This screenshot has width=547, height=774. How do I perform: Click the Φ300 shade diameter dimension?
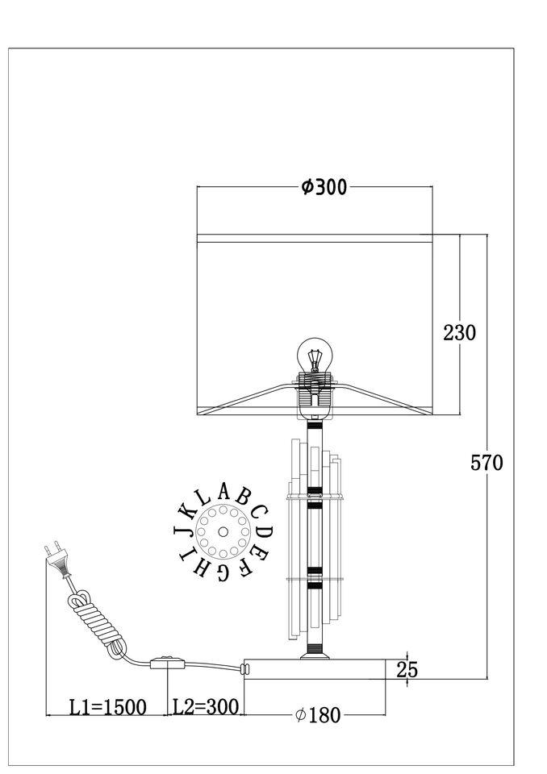pos(324,187)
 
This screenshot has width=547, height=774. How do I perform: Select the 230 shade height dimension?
pos(460,333)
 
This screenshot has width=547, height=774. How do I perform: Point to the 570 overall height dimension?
pos(486,463)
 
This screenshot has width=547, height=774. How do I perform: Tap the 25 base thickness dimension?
pos(407,670)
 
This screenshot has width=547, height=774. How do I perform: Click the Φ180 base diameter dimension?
pos(318,714)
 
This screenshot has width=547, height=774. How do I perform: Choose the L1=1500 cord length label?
pos(108,707)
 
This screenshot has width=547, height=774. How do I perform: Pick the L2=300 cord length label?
pos(206,707)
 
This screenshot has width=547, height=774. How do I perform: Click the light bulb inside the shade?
pos(315,355)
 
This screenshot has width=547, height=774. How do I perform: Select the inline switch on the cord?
pos(168,662)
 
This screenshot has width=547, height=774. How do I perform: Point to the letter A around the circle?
pos(223,492)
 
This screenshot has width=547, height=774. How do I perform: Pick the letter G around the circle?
pos(223,572)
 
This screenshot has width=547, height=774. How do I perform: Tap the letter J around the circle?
pos(182,531)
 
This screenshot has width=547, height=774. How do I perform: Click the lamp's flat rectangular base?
pos(315,669)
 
